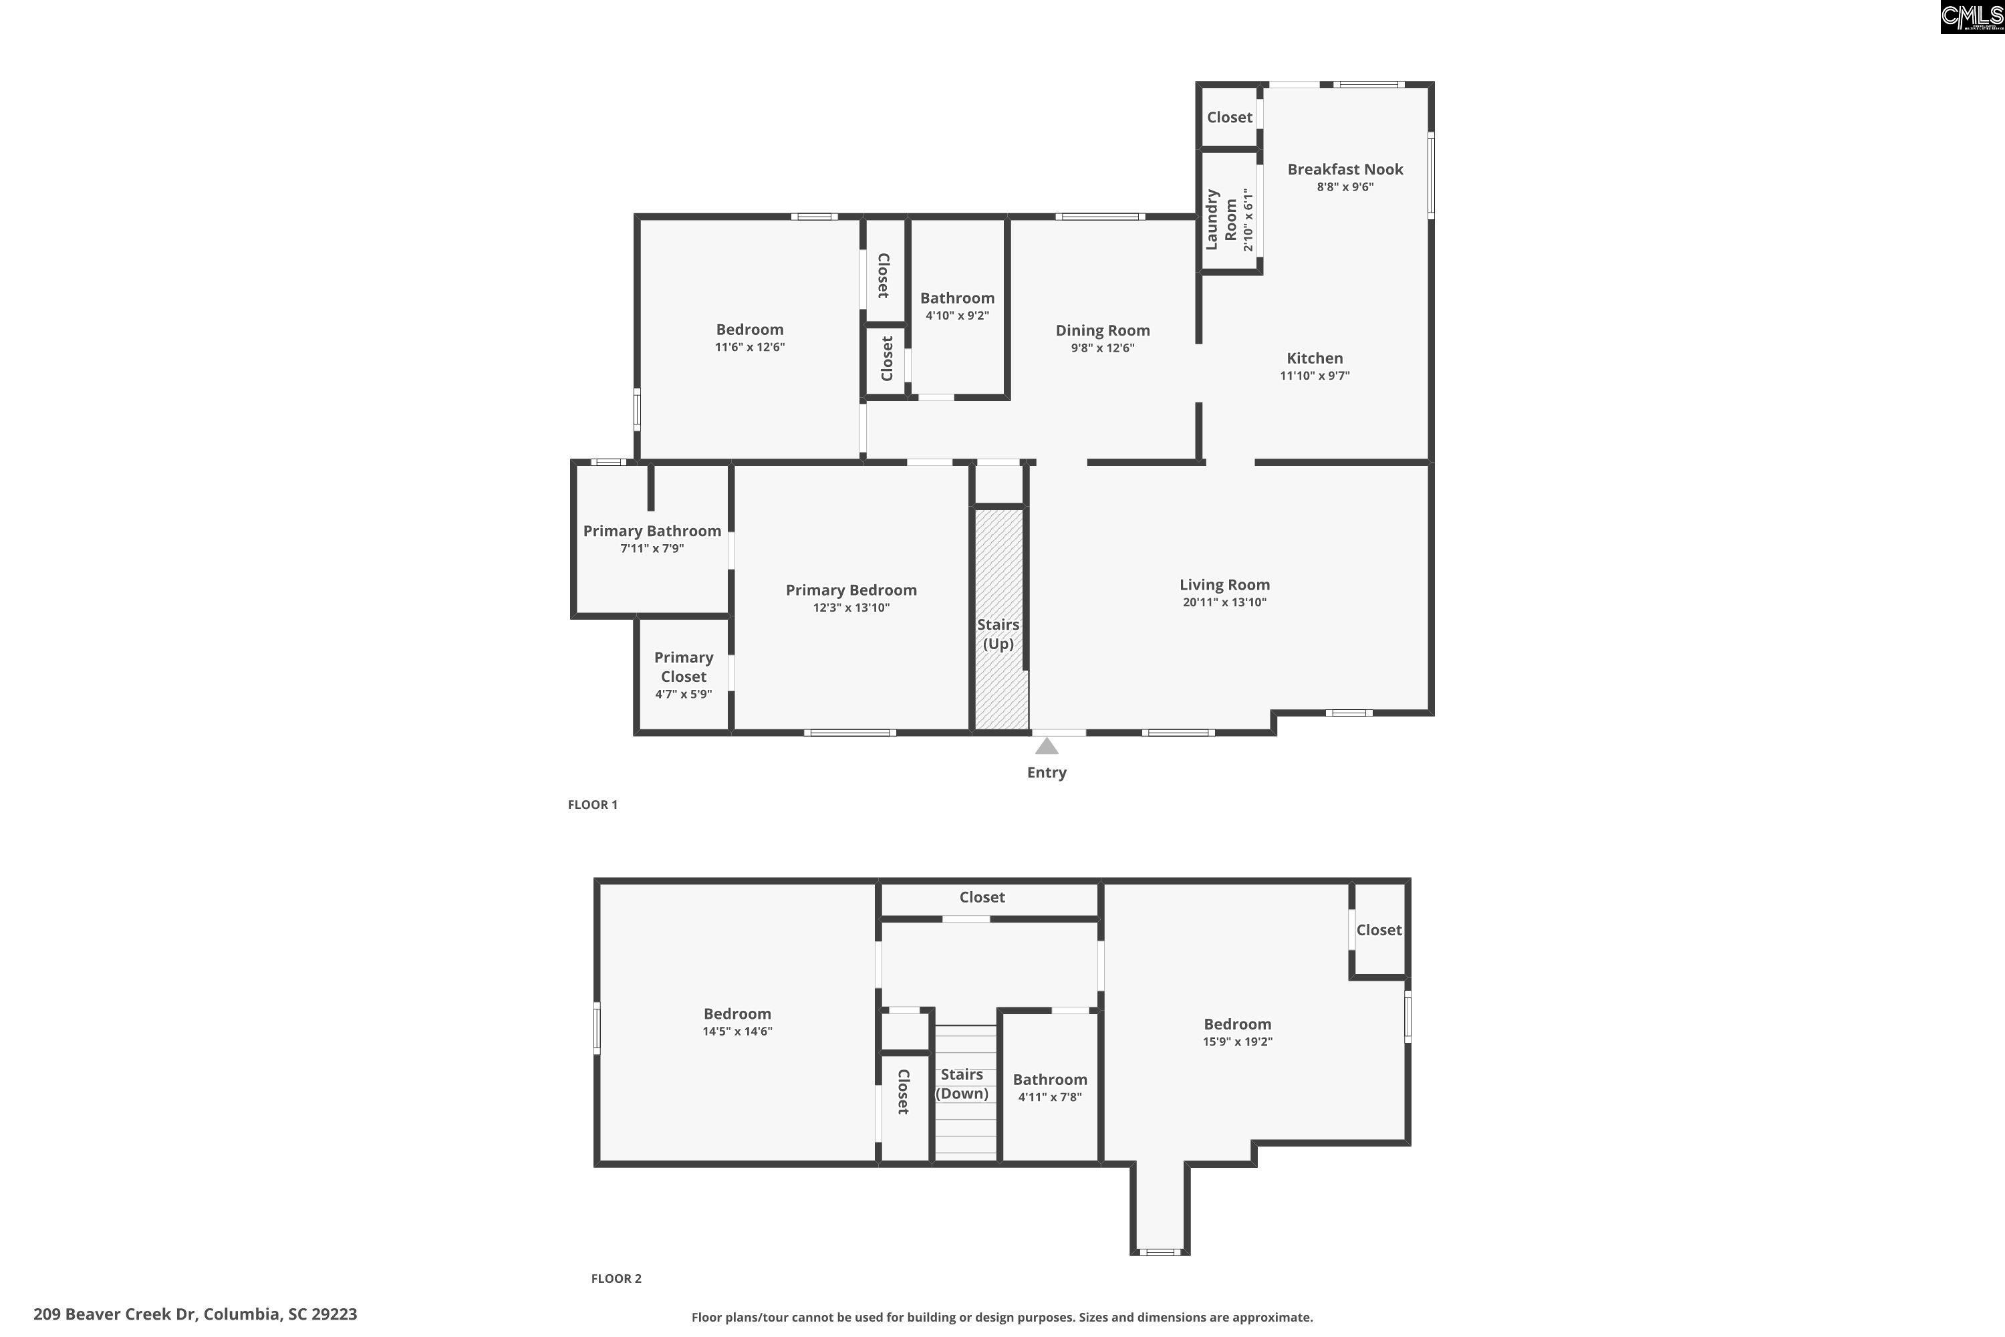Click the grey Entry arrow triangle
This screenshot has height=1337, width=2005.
(1047, 746)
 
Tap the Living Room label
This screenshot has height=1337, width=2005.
(1224, 584)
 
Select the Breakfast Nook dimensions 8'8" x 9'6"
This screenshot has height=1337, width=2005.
(1345, 187)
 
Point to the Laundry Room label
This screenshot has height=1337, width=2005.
(1221, 219)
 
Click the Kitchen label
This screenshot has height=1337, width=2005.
(1315, 358)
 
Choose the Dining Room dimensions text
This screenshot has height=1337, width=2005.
(1102, 348)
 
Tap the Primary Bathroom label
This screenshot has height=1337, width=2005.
(652, 530)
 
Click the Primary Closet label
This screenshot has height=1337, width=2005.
(684, 666)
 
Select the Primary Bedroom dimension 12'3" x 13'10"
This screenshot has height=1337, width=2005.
(851, 608)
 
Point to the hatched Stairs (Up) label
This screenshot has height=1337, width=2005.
(998, 634)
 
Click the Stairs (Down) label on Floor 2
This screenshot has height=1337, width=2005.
(962, 1084)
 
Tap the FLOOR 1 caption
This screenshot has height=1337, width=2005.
(592, 804)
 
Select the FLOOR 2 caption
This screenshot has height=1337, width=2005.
(616, 1278)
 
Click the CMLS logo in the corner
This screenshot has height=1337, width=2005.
(1972, 17)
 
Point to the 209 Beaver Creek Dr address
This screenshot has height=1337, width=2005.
(195, 1314)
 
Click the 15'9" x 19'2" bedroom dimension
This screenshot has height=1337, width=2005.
(1237, 1041)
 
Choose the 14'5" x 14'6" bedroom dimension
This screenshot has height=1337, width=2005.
(737, 1031)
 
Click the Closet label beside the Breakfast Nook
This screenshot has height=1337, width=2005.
(1229, 117)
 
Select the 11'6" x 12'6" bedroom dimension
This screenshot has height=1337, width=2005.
(749, 347)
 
